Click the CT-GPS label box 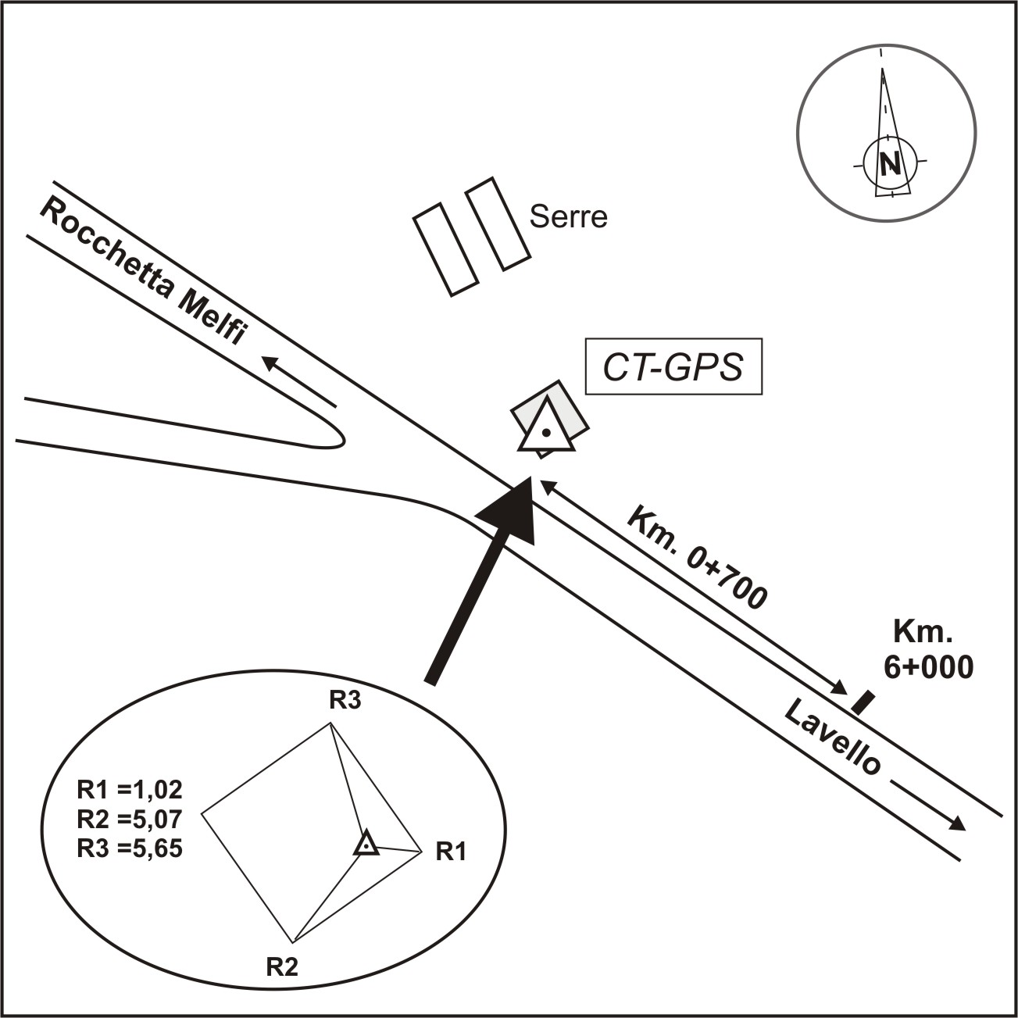673,367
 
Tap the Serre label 568,216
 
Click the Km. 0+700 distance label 698,559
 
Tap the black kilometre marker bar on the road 862,702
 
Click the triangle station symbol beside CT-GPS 546,429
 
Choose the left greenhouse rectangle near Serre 445,249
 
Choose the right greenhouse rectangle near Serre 498,224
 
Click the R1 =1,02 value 130,790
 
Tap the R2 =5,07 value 130,820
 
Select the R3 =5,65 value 130,848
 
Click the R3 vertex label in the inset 345,701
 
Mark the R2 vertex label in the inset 282,967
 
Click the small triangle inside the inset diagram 366,845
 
